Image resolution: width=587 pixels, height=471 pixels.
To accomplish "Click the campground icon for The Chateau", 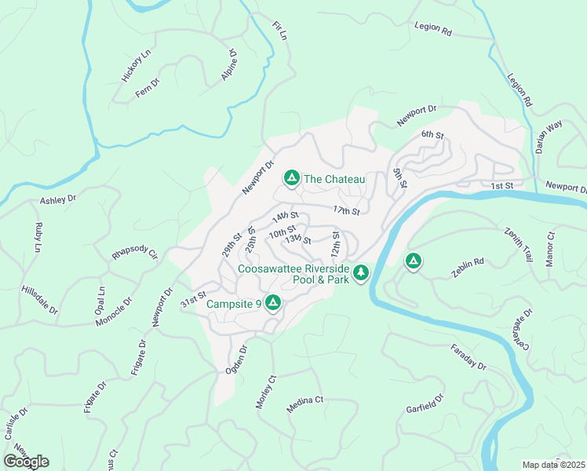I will [291, 179].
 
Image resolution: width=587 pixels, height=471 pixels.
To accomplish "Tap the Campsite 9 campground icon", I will [273, 302].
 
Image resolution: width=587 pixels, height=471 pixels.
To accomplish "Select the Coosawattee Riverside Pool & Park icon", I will [360, 273].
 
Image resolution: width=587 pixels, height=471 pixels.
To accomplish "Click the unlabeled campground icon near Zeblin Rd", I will [413, 261].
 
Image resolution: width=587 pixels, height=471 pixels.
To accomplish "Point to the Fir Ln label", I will [279, 32].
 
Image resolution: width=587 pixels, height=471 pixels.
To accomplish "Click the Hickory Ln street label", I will [135, 67].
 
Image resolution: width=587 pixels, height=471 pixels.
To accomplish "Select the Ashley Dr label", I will [60, 200].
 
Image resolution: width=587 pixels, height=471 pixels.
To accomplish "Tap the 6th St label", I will [432, 135].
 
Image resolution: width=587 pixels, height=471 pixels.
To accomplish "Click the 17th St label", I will [345, 211].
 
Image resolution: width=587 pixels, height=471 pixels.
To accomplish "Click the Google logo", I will [26, 462].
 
